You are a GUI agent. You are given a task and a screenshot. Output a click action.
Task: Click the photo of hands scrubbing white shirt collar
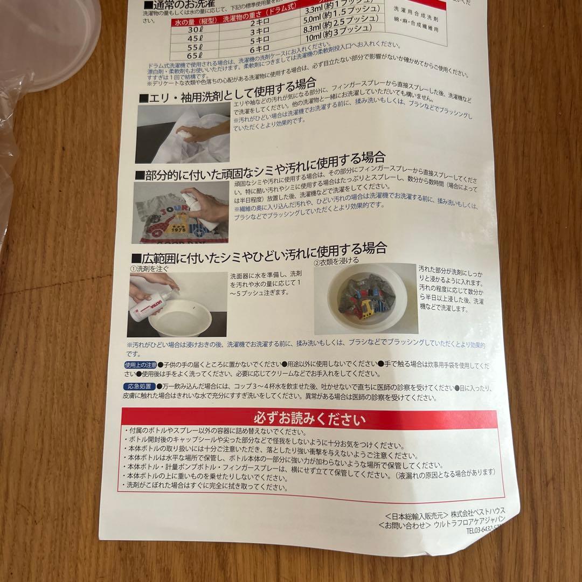(x=183, y=133)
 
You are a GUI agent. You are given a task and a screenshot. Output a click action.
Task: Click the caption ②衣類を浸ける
(x=336, y=260)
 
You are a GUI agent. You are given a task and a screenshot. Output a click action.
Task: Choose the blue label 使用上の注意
(x=140, y=365)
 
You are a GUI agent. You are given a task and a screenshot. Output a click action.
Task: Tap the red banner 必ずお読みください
(x=309, y=419)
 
